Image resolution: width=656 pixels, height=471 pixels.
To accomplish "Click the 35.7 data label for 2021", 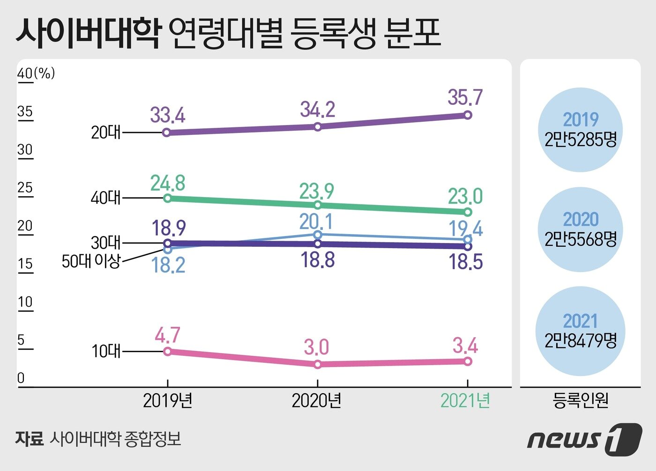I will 464,97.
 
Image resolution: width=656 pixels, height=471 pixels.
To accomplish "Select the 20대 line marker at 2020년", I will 318,126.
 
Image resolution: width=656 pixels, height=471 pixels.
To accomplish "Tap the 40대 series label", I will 105,198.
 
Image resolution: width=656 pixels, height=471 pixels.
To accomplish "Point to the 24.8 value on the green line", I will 168,183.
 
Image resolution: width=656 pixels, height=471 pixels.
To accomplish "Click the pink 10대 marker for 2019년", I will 168,351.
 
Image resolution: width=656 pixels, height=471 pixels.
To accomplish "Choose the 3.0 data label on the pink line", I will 316,347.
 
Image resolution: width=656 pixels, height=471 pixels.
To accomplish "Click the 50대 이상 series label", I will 91,261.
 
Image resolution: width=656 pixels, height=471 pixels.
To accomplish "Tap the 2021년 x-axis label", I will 465,401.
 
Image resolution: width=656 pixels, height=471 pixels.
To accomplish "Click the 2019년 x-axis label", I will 168,401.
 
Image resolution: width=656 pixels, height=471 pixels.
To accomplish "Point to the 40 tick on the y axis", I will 25,74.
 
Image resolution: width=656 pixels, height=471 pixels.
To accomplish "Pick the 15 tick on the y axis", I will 25,264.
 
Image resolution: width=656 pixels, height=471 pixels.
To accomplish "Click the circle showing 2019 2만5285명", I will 580,130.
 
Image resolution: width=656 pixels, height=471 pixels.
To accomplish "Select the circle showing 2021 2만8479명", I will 580,331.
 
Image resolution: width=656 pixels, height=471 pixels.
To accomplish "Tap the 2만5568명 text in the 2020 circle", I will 580,240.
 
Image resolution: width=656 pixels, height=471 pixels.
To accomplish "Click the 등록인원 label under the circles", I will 580,400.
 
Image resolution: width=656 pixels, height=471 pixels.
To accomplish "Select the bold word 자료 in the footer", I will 29,439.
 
